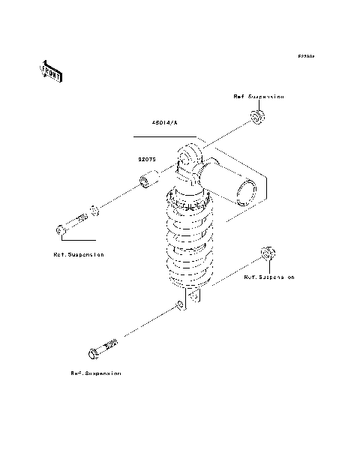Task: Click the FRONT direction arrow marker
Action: pyautogui.click(x=50, y=71)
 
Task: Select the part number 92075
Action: pyautogui.click(x=145, y=159)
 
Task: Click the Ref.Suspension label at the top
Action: pyautogui.click(x=259, y=97)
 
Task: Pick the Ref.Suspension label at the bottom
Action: pyautogui.click(x=96, y=372)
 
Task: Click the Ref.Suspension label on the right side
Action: pyautogui.click(x=269, y=277)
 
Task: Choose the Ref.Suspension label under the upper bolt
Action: pyautogui.click(x=79, y=254)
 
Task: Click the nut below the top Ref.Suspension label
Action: pyautogui.click(x=258, y=117)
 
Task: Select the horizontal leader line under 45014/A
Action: pyautogui.click(x=164, y=138)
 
